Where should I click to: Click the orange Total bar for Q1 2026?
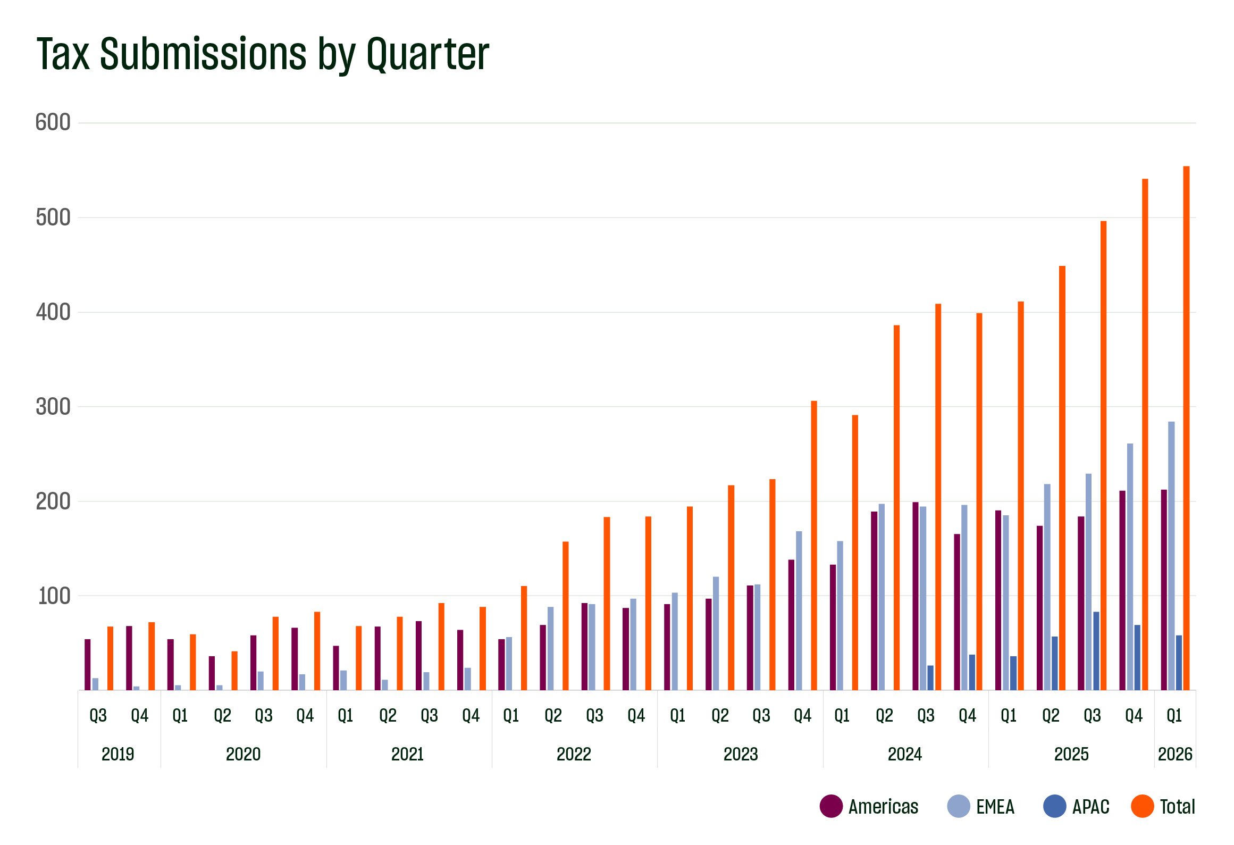tap(1186, 428)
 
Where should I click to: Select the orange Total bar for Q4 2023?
tap(813, 545)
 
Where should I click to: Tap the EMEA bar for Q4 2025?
tap(1130, 566)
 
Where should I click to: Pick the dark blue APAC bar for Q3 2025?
tap(1096, 650)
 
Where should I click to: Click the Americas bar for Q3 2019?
tap(88, 664)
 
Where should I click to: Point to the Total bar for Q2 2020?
tap(234, 670)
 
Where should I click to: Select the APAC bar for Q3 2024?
tap(930, 677)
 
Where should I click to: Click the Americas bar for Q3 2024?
tap(916, 596)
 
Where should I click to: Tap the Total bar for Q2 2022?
tap(565, 615)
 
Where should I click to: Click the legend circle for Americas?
tap(831, 806)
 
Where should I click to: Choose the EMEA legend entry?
tap(995, 807)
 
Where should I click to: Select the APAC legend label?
tap(1090, 807)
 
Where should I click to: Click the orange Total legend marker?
tap(1142, 806)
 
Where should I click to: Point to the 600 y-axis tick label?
tap(53, 123)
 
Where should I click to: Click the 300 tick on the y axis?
tap(53, 407)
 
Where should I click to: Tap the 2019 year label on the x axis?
tap(118, 754)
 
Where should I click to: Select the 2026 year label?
tap(1175, 754)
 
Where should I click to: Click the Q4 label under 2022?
tap(636, 716)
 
